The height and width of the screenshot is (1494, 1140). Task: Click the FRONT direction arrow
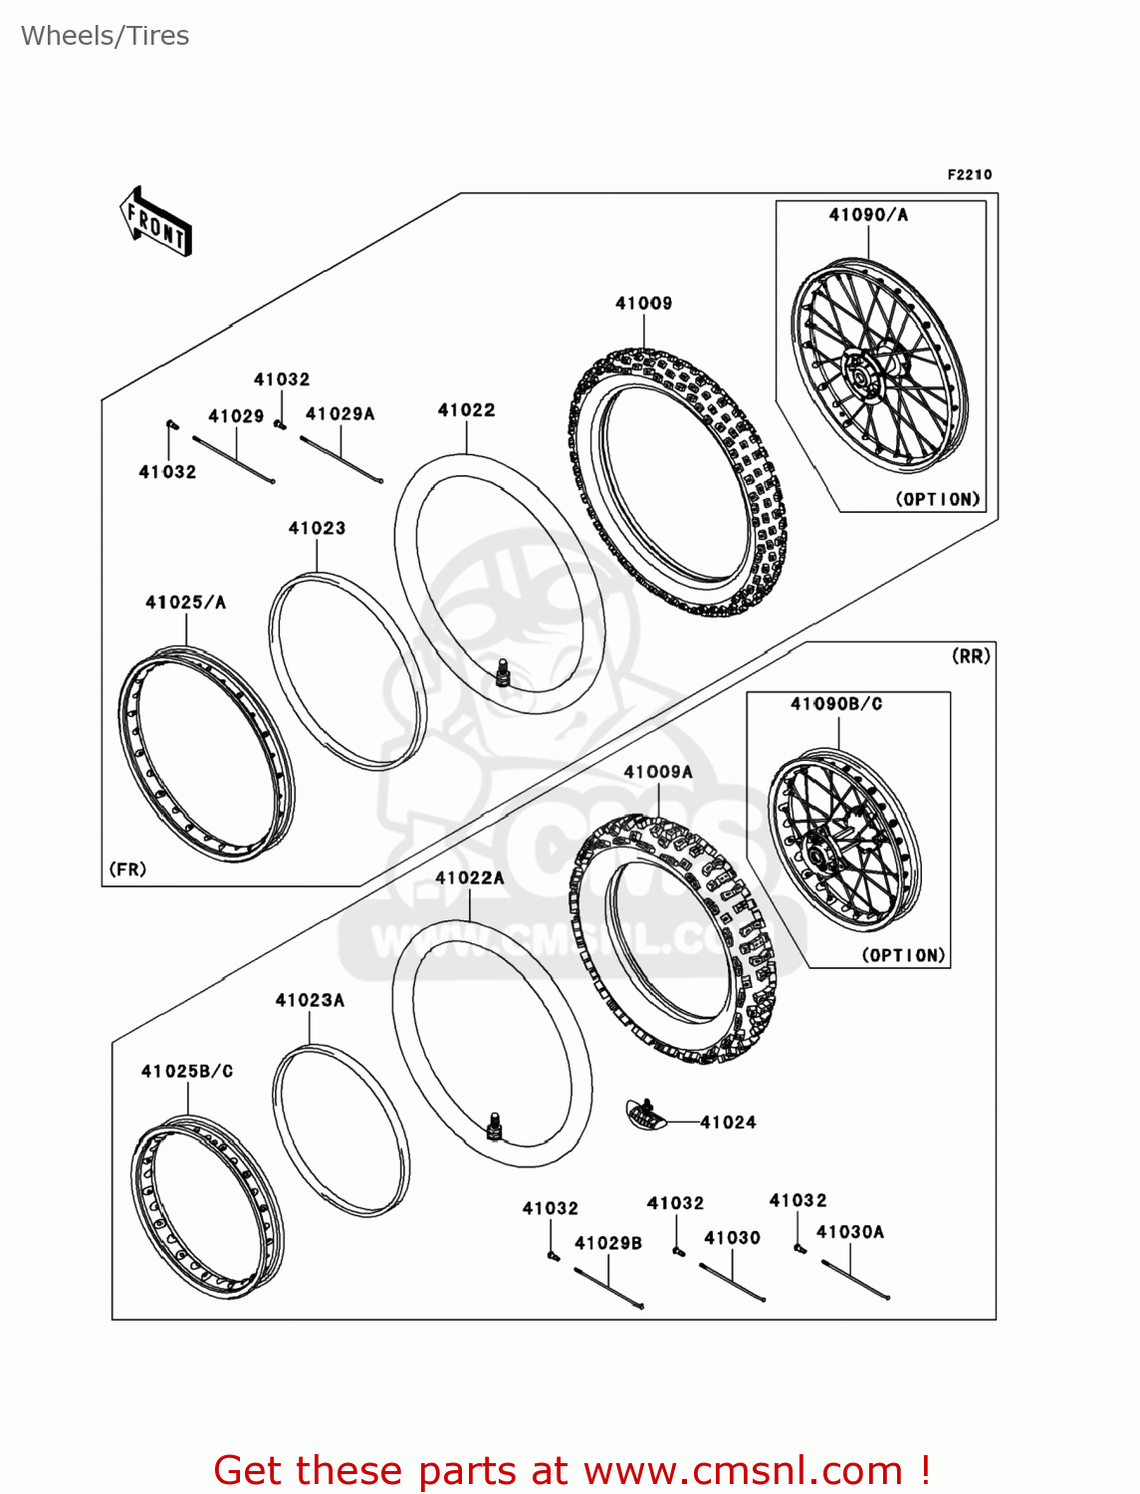(155, 222)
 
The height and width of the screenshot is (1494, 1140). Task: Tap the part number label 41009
(643, 303)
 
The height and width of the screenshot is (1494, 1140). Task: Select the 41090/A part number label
(868, 214)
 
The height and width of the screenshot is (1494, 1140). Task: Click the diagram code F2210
(969, 174)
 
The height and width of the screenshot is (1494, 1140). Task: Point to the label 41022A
(469, 877)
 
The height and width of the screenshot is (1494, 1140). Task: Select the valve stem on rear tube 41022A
(494, 1124)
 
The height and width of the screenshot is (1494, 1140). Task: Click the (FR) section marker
(127, 870)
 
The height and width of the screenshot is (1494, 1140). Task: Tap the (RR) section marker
(971, 655)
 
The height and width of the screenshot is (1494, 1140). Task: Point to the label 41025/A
(185, 602)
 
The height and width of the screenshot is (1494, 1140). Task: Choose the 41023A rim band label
(310, 1000)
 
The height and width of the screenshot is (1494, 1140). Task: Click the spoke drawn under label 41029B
(608, 1287)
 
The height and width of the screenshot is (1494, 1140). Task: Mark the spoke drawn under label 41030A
(855, 1280)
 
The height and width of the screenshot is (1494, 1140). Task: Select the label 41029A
(340, 413)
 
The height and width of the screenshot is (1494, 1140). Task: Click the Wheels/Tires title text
(105, 36)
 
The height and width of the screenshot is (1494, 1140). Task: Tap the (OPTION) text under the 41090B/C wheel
(903, 955)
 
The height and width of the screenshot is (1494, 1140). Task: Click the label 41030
(732, 1237)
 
